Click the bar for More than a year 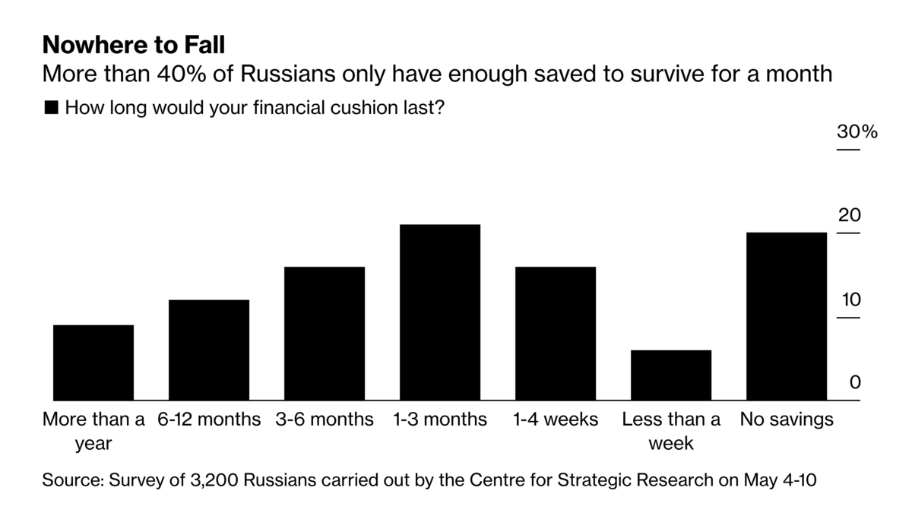pos(93,362)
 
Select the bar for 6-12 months pos(209,350)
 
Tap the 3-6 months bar pos(325,333)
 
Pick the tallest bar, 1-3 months pos(440,312)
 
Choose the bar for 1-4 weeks pos(556,333)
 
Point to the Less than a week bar pos(671,375)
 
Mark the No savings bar pos(787,316)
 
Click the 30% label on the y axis pos(857,131)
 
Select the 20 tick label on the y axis pos(849,215)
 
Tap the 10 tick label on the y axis pos(849,299)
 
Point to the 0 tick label pos(855,382)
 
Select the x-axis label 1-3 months pos(440,419)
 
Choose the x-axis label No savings pos(787,419)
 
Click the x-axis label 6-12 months pos(209,419)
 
